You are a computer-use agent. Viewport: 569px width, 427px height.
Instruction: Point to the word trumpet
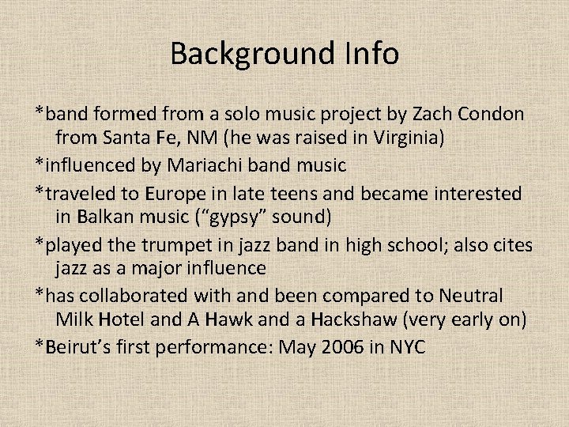[171, 244]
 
